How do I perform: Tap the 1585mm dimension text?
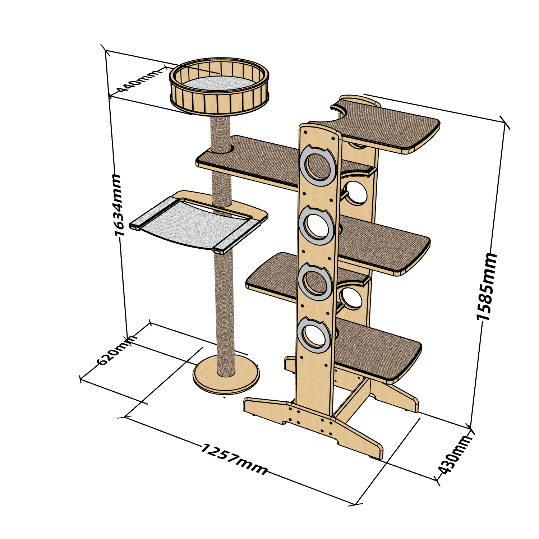coord(487,286)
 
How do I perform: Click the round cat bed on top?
coord(219,88)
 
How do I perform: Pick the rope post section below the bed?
coord(221,135)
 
